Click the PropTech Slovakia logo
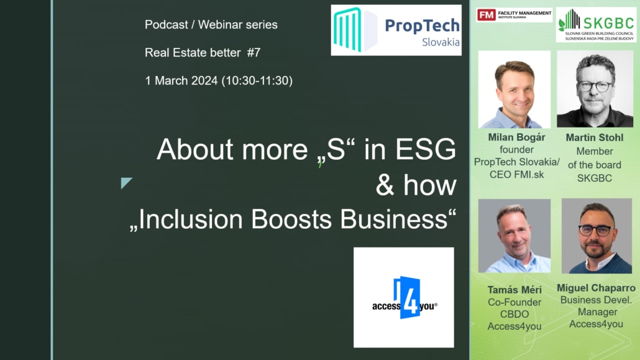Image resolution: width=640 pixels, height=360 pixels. pyautogui.click(x=396, y=30)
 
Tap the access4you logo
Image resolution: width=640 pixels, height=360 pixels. pyautogui.click(x=404, y=297)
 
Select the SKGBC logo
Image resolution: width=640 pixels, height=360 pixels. pyautogui.click(x=596, y=24)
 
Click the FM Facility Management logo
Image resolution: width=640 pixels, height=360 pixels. pyautogui.click(x=514, y=15)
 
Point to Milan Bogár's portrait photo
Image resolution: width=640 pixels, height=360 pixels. pyautogui.click(x=514, y=90)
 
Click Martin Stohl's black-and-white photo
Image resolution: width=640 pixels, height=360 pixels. pyautogui.click(x=595, y=89)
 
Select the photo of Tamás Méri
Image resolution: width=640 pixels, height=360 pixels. pyautogui.click(x=514, y=236)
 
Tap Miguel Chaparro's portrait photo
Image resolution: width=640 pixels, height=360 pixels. pyautogui.click(x=597, y=236)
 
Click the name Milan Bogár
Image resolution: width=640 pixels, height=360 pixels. pyautogui.click(x=516, y=137)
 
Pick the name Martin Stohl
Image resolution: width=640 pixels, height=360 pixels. pyautogui.click(x=594, y=138)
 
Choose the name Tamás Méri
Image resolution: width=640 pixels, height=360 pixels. pyautogui.click(x=514, y=290)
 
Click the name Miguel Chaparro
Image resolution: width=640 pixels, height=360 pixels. pyautogui.click(x=596, y=288)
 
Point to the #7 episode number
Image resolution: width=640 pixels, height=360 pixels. pyautogui.click(x=254, y=53)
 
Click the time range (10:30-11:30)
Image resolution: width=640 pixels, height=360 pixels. pyautogui.click(x=257, y=81)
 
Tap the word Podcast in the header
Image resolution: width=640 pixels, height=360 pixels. pyautogui.click(x=166, y=25)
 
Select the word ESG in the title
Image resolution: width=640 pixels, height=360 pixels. pyautogui.click(x=425, y=149)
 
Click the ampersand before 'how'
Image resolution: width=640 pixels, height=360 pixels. pyautogui.click(x=385, y=185)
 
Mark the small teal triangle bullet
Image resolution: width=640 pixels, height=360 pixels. pyautogui.click(x=126, y=182)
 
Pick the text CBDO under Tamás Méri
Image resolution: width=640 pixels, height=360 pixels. pyautogui.click(x=514, y=314)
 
